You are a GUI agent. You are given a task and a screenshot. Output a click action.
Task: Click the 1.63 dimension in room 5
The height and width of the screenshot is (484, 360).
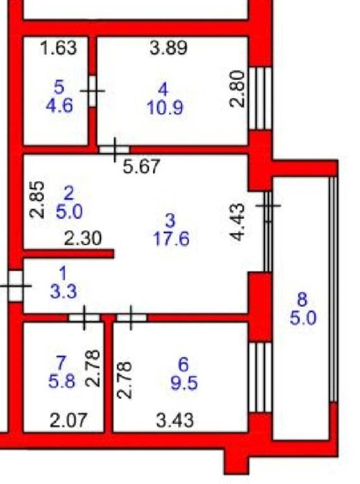(59, 48)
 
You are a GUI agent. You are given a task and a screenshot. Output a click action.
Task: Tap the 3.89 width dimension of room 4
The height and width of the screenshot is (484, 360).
(168, 48)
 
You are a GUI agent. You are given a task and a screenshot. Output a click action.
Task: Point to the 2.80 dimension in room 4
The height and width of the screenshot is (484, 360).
(237, 89)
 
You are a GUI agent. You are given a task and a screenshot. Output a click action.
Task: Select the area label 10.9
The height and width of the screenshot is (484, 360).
(165, 108)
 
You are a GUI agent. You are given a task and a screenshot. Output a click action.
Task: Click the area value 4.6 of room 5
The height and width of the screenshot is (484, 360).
(60, 105)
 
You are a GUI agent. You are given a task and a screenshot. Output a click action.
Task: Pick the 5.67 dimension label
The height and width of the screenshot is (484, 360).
(141, 167)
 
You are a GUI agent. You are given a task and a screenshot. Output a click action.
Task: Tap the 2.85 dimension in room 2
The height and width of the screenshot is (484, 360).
(37, 199)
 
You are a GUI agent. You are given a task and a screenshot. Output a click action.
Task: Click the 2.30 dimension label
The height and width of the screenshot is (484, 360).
(83, 239)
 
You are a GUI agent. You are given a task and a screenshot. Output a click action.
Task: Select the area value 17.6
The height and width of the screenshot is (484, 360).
(172, 240)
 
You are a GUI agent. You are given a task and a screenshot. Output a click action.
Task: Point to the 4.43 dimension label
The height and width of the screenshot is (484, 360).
(238, 222)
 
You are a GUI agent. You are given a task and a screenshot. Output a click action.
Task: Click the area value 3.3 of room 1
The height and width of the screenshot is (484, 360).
(64, 292)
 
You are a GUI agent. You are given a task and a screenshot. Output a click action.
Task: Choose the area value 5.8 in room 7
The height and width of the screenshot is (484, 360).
(62, 382)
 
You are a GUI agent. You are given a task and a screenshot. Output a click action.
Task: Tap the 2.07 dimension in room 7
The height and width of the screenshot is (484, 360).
(69, 420)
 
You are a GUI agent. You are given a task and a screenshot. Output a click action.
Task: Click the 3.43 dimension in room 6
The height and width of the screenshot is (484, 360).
(175, 420)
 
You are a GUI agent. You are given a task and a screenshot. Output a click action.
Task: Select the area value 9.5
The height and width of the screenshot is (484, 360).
(184, 384)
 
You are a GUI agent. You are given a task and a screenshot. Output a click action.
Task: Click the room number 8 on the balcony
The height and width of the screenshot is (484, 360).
(303, 300)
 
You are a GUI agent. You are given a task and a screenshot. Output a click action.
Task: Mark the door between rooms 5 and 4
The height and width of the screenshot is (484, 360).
(92, 91)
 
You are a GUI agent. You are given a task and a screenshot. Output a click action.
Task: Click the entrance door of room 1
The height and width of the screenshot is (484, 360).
(15, 286)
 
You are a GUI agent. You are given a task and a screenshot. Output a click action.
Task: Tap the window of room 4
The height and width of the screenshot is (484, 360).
(260, 98)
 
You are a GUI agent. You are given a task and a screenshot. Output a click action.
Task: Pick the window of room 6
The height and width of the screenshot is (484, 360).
(260, 377)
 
